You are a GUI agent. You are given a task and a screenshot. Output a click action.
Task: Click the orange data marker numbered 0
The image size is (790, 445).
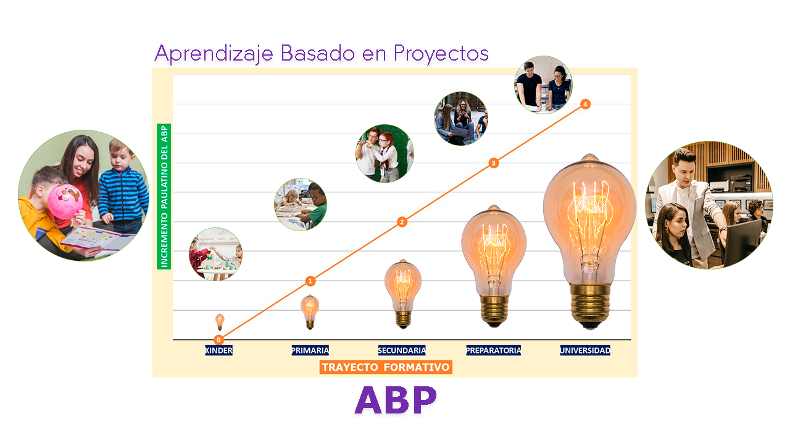tap(218, 339)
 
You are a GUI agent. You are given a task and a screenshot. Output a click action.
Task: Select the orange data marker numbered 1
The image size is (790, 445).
tap(310, 281)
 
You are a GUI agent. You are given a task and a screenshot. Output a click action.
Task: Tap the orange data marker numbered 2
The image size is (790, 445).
tap(402, 222)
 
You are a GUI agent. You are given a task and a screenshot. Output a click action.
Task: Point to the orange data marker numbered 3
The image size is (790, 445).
tap(493, 163)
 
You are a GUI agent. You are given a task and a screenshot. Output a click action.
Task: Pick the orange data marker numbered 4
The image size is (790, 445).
tap(585, 104)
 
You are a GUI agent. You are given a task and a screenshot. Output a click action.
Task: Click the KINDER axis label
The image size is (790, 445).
tap(218, 350)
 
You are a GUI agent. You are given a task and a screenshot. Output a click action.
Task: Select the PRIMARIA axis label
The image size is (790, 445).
tap(310, 350)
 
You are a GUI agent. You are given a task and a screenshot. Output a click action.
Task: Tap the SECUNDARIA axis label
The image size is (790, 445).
tap(402, 350)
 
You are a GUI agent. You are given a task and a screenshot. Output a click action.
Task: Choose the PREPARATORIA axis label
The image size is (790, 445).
tap(493, 350)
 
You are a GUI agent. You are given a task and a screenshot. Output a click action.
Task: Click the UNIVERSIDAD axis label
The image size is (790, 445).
tap(585, 350)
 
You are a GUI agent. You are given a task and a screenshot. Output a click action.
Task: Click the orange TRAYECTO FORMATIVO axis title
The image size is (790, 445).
tap(386, 367)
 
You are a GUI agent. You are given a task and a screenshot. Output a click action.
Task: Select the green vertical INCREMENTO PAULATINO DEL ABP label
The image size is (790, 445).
tap(164, 197)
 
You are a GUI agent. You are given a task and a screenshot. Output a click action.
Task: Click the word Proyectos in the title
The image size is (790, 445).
tap(441, 54)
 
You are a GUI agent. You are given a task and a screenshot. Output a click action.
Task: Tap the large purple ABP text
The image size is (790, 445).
tap(396, 400)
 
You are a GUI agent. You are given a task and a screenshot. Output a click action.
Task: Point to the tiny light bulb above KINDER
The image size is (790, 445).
tap(219, 321)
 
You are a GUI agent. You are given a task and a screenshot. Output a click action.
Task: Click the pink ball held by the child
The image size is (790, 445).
tap(65, 201)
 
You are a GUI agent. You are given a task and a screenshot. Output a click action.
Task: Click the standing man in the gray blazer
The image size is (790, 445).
tap(691, 198)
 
